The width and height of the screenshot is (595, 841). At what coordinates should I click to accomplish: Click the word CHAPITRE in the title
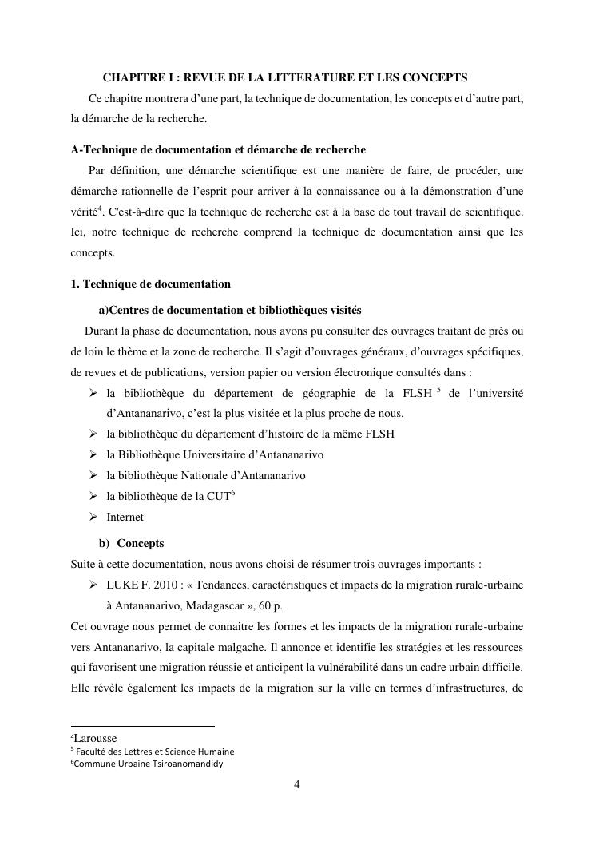point(129,77)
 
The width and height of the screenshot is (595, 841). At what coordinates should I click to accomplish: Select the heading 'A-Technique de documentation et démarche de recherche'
point(218,149)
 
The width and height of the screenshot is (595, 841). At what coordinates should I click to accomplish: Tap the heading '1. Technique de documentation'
point(150,284)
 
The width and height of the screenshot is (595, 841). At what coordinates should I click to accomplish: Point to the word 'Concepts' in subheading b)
point(141,543)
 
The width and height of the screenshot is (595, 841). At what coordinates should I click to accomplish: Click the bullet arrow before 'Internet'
point(92,517)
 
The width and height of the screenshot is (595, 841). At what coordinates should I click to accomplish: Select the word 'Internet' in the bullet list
point(125,517)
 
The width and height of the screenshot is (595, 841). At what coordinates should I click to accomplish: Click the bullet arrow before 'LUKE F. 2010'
point(92,585)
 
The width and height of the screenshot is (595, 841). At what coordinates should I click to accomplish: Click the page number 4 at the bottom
point(297,784)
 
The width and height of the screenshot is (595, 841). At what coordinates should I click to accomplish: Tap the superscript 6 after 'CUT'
point(232,493)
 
